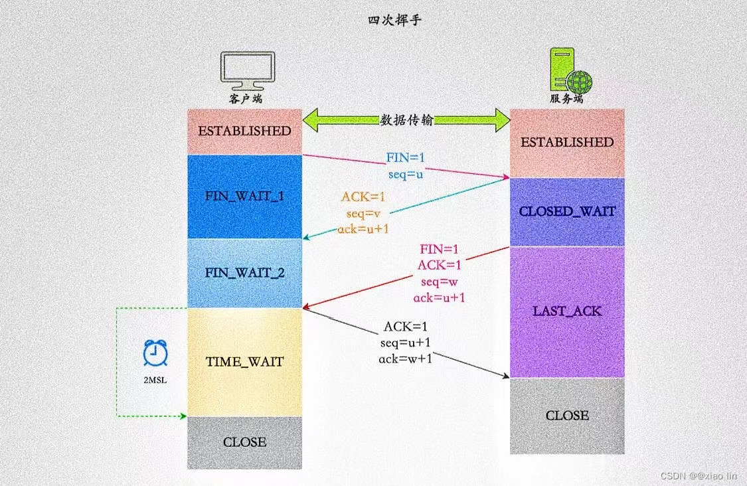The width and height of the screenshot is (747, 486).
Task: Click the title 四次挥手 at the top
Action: click(x=394, y=21)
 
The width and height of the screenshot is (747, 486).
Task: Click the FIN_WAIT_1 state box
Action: click(x=244, y=197)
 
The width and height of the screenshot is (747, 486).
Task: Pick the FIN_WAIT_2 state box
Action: click(x=244, y=273)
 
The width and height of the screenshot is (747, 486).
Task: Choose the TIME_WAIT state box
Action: click(x=244, y=362)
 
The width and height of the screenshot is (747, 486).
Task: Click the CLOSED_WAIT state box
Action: click(x=567, y=212)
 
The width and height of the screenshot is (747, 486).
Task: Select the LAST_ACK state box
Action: click(x=567, y=311)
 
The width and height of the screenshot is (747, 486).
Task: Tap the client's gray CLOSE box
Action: click(x=244, y=442)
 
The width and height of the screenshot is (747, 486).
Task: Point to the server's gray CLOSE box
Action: click(x=567, y=416)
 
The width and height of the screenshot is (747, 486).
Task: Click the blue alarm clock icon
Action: click(x=155, y=353)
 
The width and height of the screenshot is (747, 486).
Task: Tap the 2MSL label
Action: click(x=155, y=381)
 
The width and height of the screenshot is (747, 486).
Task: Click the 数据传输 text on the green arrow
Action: click(x=407, y=120)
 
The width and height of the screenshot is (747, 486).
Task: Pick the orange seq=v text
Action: click(x=362, y=213)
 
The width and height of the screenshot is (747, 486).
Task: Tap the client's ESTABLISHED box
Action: click(x=244, y=131)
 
